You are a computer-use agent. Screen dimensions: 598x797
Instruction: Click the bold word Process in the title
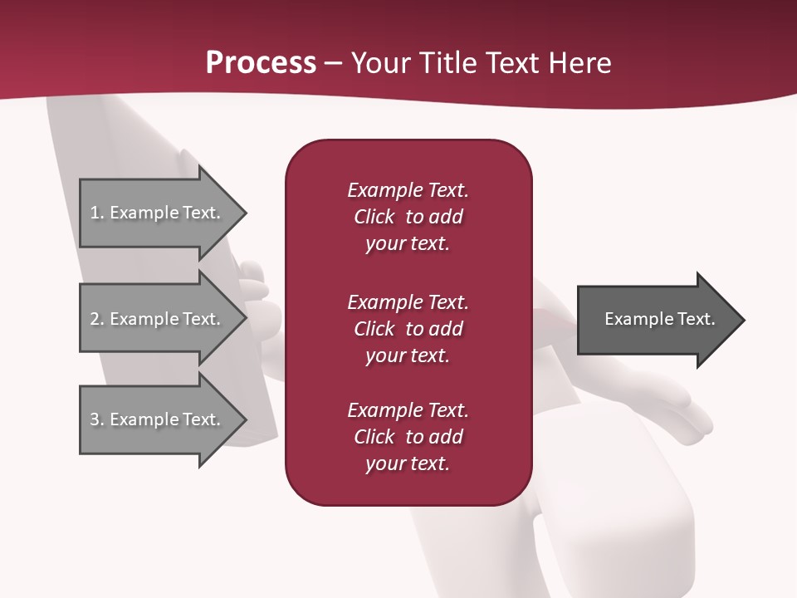tap(261, 62)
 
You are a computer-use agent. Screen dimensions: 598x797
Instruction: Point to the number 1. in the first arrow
tap(97, 213)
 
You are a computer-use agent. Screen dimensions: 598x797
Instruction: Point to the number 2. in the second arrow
tap(97, 319)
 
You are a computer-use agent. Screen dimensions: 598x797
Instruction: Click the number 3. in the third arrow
tap(97, 419)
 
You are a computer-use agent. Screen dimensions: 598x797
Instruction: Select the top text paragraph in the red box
tap(408, 217)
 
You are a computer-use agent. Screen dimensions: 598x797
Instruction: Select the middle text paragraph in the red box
tap(408, 328)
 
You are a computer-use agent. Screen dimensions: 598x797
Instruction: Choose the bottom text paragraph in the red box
tap(408, 437)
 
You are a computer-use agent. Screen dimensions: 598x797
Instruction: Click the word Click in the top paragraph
tap(374, 217)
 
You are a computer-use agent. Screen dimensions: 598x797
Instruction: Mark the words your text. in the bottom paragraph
tap(408, 463)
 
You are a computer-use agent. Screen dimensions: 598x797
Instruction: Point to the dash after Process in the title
tap(334, 63)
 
